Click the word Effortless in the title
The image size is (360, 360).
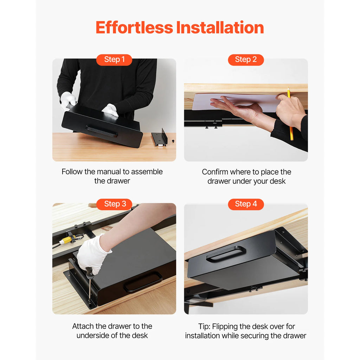pos(134,27)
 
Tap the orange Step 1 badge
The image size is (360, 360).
pos(114,60)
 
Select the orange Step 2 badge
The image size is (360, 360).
pos(246,60)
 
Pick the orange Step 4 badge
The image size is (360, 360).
pos(246,204)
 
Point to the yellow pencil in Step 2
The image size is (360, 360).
pos(290,116)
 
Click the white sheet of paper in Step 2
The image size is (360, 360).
pos(232,102)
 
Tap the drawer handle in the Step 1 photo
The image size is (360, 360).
pos(102,131)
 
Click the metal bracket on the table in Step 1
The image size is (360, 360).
pos(159,139)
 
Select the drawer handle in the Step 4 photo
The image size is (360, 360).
pos(226,254)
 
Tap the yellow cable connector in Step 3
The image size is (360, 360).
pos(66,241)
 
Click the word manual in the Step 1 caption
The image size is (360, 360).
pos(109,172)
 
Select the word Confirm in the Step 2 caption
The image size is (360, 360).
pos(215,172)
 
